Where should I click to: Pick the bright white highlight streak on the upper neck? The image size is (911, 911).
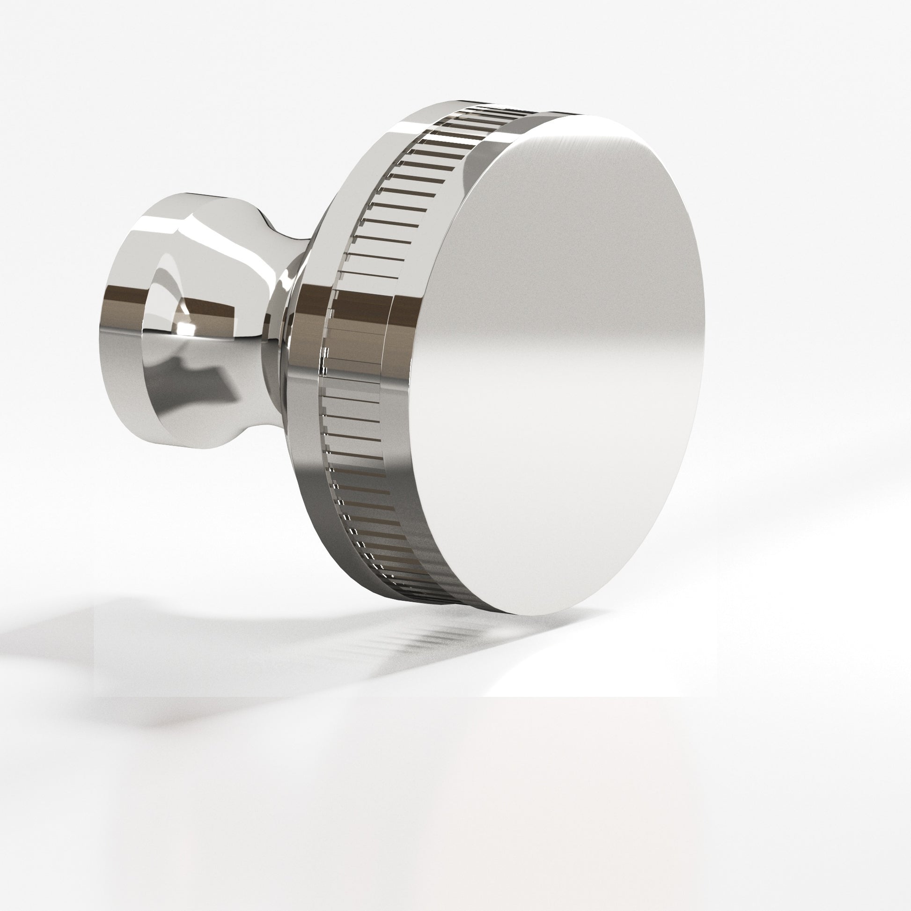click(x=236, y=245)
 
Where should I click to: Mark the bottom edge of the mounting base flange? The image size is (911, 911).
click(x=189, y=446)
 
